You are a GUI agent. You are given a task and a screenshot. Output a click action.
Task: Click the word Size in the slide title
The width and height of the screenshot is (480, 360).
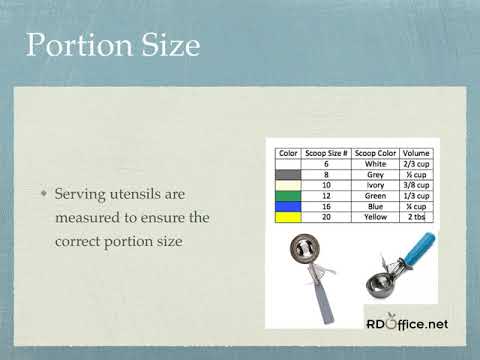(x=165, y=45)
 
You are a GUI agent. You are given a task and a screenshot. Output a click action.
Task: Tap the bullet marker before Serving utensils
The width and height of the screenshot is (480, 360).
(x=43, y=192)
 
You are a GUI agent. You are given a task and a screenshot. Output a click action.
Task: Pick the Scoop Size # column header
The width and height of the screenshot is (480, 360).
(x=324, y=154)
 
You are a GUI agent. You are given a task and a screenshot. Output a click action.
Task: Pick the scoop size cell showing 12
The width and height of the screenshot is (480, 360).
(x=324, y=195)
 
